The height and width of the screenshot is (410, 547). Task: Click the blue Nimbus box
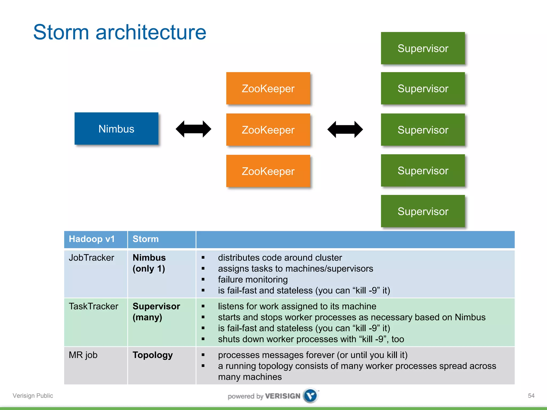tap(116, 129)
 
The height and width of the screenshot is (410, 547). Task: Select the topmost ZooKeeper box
tap(268, 88)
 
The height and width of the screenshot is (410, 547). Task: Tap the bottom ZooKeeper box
tap(268, 171)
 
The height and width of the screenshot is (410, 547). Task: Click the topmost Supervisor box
tap(423, 48)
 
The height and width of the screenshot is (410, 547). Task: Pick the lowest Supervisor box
tap(423, 211)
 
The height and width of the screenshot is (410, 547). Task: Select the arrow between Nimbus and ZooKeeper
tap(193, 129)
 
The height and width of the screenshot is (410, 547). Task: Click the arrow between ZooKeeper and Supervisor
tap(345, 129)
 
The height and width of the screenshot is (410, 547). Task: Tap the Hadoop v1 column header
tap(92, 239)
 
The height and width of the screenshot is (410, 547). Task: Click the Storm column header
tap(146, 239)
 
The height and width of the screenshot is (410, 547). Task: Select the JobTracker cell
tap(91, 258)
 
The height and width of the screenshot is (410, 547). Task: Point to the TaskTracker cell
tap(93, 306)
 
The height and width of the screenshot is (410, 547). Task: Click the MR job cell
tap(83, 355)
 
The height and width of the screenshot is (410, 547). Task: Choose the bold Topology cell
tap(153, 355)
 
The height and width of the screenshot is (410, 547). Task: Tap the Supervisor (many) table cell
tap(156, 312)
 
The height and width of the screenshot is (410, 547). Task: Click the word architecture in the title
tap(151, 32)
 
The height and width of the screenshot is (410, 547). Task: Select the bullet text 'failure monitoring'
tap(253, 279)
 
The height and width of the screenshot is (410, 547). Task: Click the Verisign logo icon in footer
tap(310, 395)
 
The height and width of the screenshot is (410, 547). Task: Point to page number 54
tap(531, 396)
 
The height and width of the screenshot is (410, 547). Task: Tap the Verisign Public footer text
tap(33, 396)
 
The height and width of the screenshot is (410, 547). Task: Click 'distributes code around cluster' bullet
tap(280, 258)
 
